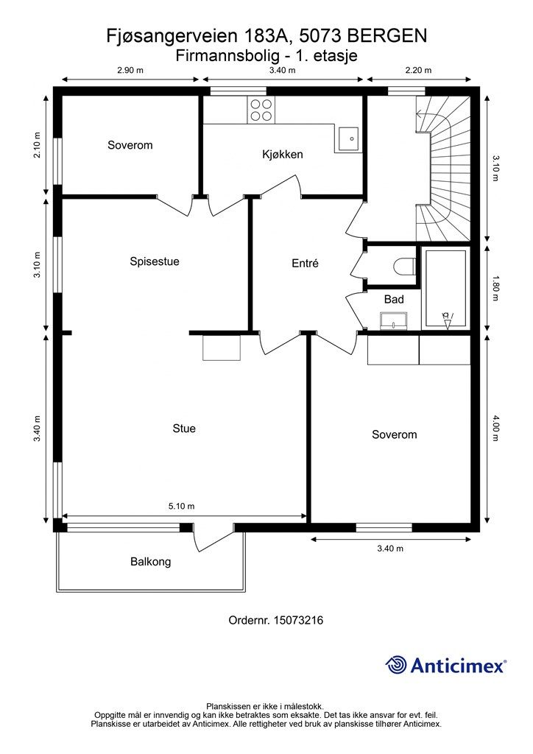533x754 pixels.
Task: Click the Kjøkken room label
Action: point(283,155)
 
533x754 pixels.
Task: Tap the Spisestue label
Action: point(155,261)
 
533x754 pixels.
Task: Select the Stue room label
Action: point(184,429)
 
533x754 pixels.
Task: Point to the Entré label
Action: point(306,263)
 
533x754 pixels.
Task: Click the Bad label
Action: point(394,300)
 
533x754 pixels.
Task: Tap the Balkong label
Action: point(150,562)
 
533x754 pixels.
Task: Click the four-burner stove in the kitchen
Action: point(261,110)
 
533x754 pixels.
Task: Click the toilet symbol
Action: point(404,267)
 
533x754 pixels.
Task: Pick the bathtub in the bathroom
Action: point(445,288)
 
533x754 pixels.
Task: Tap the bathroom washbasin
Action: point(394,321)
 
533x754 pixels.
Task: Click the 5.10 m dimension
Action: point(181,506)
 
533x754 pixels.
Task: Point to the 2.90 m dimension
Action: point(130,70)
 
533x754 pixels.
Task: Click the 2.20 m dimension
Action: point(418,70)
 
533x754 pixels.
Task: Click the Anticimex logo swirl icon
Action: point(396,665)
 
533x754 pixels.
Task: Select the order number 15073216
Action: point(298,620)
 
